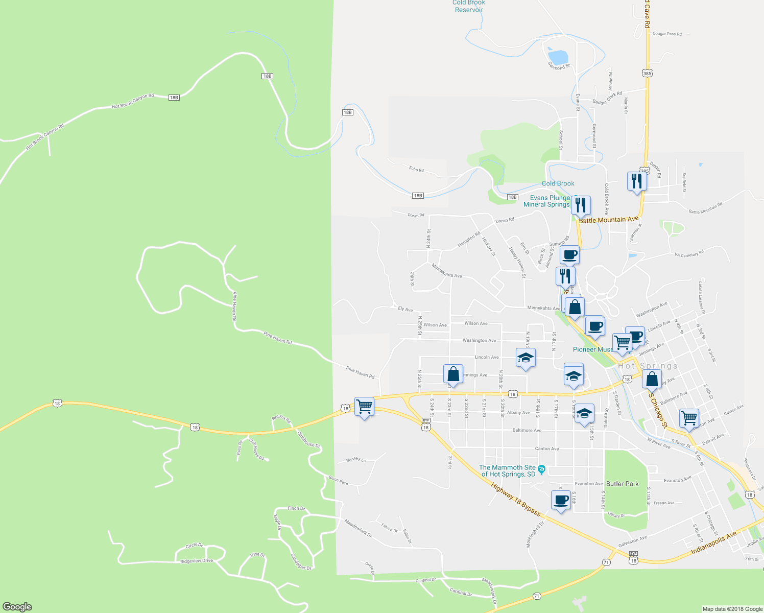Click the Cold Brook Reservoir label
click(x=468, y=6)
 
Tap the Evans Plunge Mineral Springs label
click(x=546, y=201)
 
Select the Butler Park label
click(x=622, y=484)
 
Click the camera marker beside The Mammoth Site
click(x=542, y=469)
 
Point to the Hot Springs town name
click(x=648, y=366)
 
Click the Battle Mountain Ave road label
click(x=609, y=219)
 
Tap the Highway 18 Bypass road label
click(x=515, y=499)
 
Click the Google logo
click(x=17, y=606)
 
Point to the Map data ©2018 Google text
click(x=731, y=609)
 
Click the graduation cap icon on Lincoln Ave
click(x=525, y=358)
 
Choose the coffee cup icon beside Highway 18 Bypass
click(x=561, y=500)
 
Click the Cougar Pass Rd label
click(x=667, y=34)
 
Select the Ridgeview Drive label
click(x=196, y=561)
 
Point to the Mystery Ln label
click(x=356, y=460)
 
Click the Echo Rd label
click(x=416, y=169)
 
